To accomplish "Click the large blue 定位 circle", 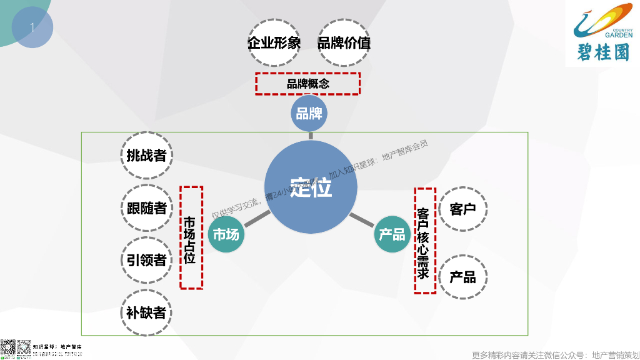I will (311, 187).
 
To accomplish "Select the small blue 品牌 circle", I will (309, 114).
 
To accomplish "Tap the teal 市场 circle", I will (226, 235).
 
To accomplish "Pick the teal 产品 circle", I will (392, 234).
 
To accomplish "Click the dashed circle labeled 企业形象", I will (274, 42).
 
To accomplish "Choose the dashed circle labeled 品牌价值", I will (344, 42).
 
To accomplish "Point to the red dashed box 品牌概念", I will (307, 83).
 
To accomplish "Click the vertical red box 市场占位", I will (191, 237).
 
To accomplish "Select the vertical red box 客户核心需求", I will (425, 240).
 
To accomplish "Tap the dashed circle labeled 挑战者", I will (146, 155).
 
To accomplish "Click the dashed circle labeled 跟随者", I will (146, 207).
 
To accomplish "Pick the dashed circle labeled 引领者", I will (146, 259).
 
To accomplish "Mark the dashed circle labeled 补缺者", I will (146, 312).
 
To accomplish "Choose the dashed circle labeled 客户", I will (463, 209).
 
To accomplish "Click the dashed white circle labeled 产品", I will (463, 277).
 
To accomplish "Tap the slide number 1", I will (32, 27).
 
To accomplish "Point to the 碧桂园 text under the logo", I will (602, 52).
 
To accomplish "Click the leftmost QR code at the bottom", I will (7, 349).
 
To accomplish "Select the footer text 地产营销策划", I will (615, 354).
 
